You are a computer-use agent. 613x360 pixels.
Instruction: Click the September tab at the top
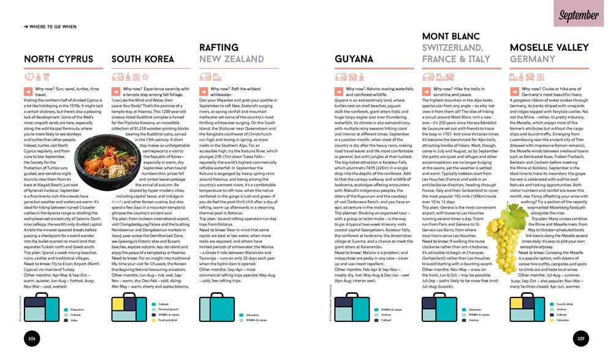tap(579, 15)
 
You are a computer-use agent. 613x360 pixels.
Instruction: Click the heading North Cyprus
tap(58, 59)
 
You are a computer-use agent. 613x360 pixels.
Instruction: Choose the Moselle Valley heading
tap(549, 48)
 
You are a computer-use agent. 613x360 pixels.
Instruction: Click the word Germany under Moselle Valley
tap(533, 59)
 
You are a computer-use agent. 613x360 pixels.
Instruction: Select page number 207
tap(580, 339)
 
